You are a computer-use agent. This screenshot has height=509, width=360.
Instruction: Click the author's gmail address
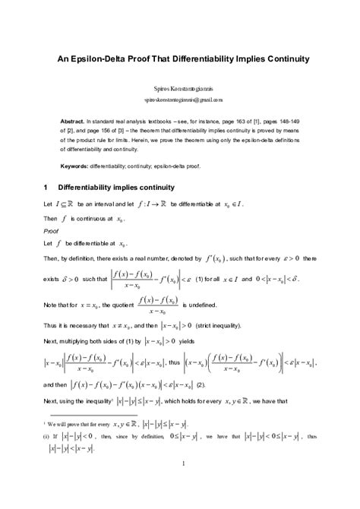click(x=179, y=100)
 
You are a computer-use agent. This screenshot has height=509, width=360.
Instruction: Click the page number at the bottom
click(x=179, y=483)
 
